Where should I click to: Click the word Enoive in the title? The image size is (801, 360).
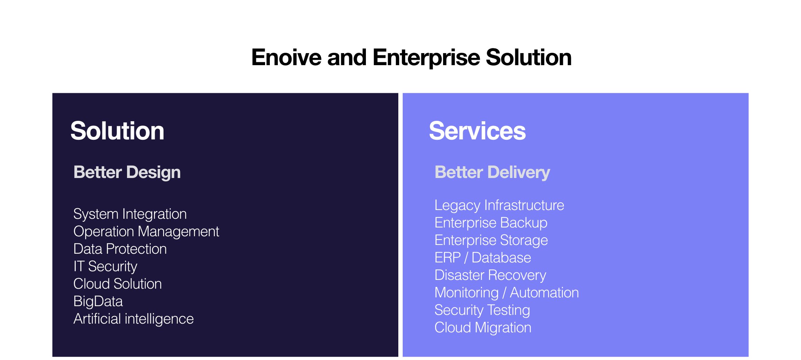[x=287, y=58]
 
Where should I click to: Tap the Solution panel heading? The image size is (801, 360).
[x=117, y=131]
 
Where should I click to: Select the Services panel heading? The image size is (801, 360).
[x=477, y=131]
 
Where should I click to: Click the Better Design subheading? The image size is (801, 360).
[x=127, y=172]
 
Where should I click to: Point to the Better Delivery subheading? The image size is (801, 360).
[x=492, y=172]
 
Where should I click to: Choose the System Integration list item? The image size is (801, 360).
[x=130, y=214]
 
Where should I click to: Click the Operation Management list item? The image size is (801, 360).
[x=146, y=232]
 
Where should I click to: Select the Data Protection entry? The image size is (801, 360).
[x=120, y=249]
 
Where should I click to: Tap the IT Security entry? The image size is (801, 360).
[x=105, y=266]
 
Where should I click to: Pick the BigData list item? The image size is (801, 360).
[x=98, y=301]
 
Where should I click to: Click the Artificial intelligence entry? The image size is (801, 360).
[x=133, y=319]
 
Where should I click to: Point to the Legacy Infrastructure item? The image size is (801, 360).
[x=499, y=205]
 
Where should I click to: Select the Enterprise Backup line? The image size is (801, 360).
[x=491, y=223]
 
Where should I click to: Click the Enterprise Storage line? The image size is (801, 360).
[x=491, y=240]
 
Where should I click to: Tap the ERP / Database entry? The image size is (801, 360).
[x=483, y=258]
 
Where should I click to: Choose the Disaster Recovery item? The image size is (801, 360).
[x=490, y=275]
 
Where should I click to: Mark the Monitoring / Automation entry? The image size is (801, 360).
[x=506, y=293]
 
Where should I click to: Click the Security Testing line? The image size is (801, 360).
[x=482, y=310]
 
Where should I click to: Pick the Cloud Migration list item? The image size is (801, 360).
[x=483, y=328]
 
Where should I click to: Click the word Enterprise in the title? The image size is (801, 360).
[x=426, y=58]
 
